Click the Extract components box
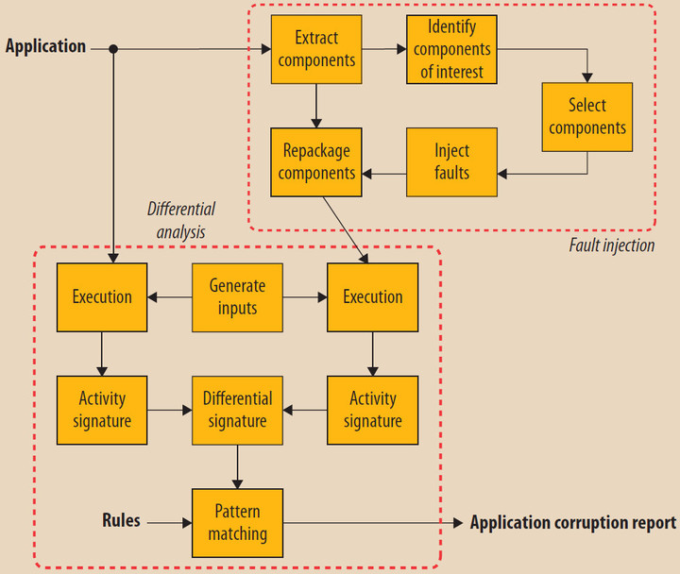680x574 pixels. (316, 49)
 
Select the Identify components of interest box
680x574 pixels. (452, 48)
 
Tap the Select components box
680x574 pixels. (586, 116)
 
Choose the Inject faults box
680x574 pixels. (451, 161)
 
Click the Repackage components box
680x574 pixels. (316, 161)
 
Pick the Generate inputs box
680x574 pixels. (237, 296)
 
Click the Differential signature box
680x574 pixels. (237, 410)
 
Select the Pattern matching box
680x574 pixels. (237, 522)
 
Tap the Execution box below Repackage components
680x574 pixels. (372, 296)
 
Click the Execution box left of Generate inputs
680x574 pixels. (102, 296)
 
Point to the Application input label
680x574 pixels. (45, 46)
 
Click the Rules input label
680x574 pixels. (121, 520)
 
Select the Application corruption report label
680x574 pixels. (572, 522)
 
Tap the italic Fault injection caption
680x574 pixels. (611, 245)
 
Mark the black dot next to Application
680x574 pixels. (113, 48)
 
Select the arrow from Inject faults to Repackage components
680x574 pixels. (384, 173)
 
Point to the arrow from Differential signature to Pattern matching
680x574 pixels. (237, 466)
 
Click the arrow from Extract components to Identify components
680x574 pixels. (384, 48)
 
